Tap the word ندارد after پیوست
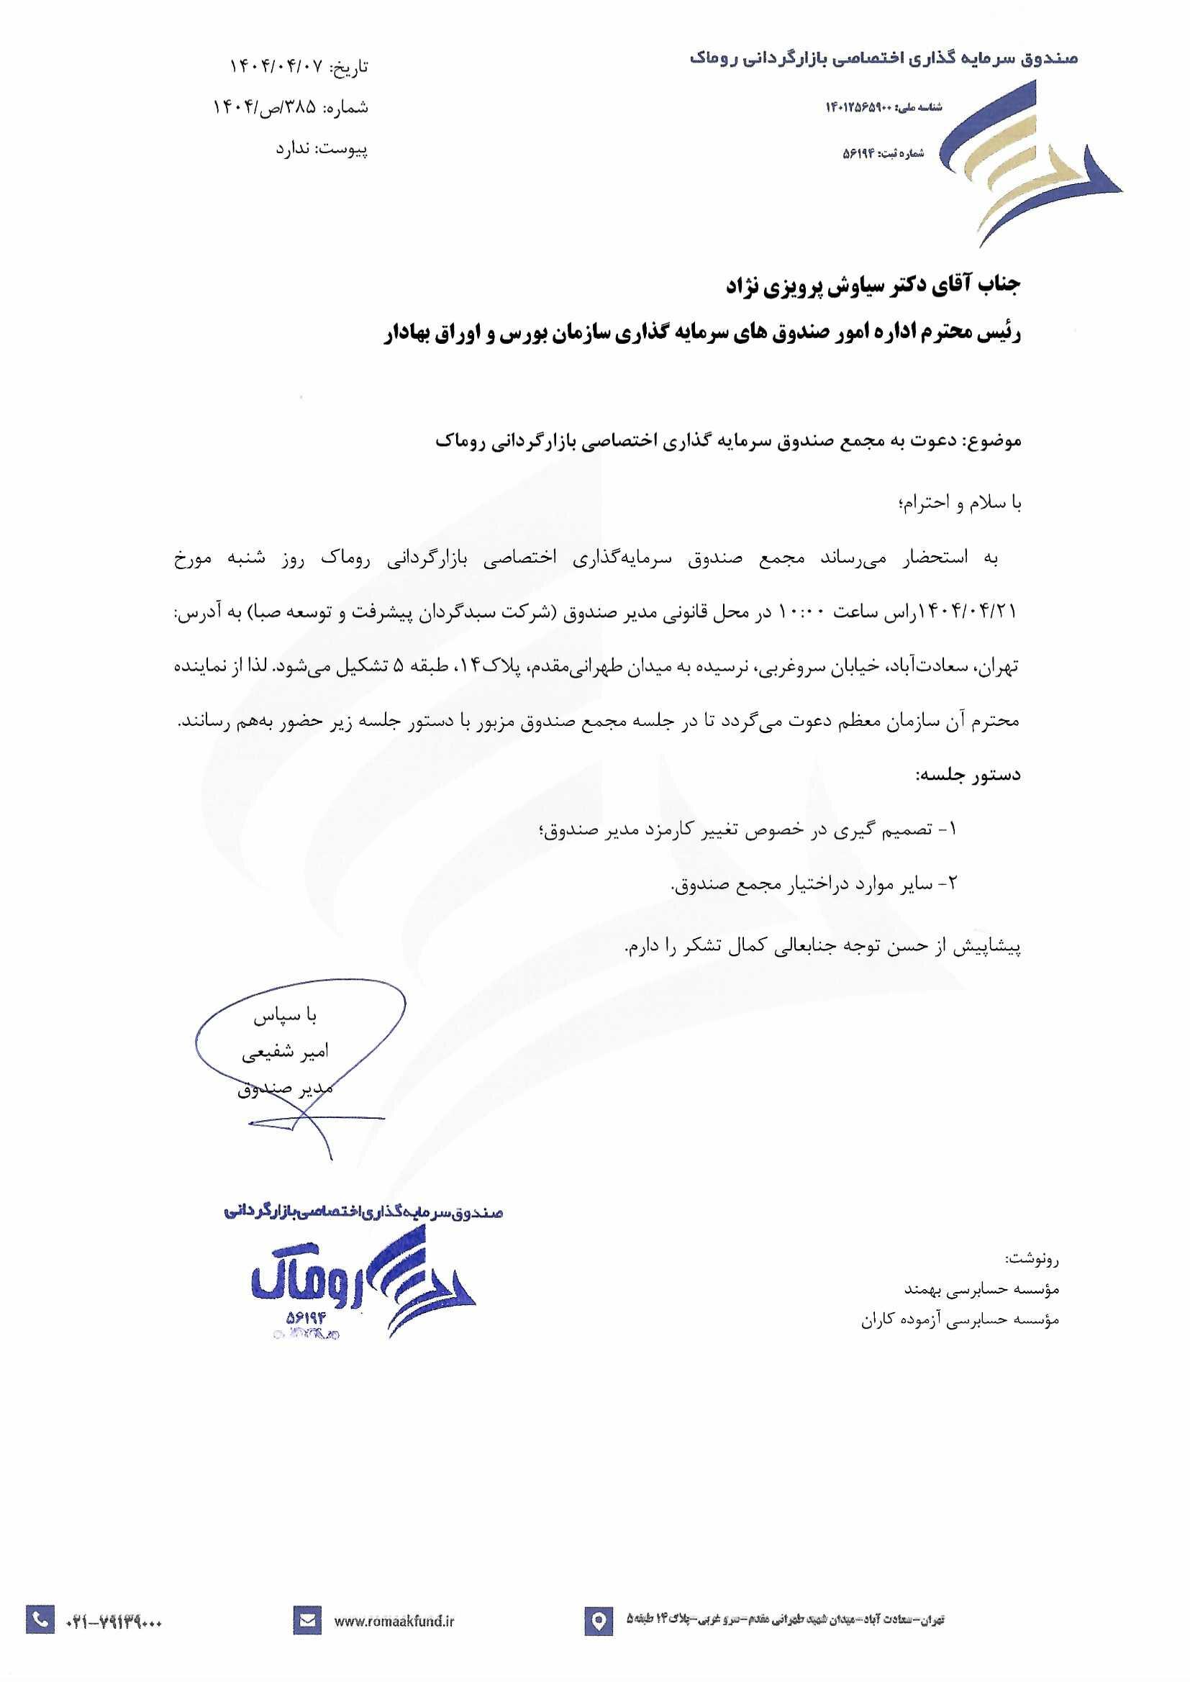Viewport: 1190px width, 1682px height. (294, 150)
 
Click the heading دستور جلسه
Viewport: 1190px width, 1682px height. (967, 775)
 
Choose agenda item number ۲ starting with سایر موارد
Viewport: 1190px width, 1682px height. (814, 885)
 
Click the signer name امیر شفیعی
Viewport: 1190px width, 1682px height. (286, 1053)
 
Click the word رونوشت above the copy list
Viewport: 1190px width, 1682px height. (1032, 1260)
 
